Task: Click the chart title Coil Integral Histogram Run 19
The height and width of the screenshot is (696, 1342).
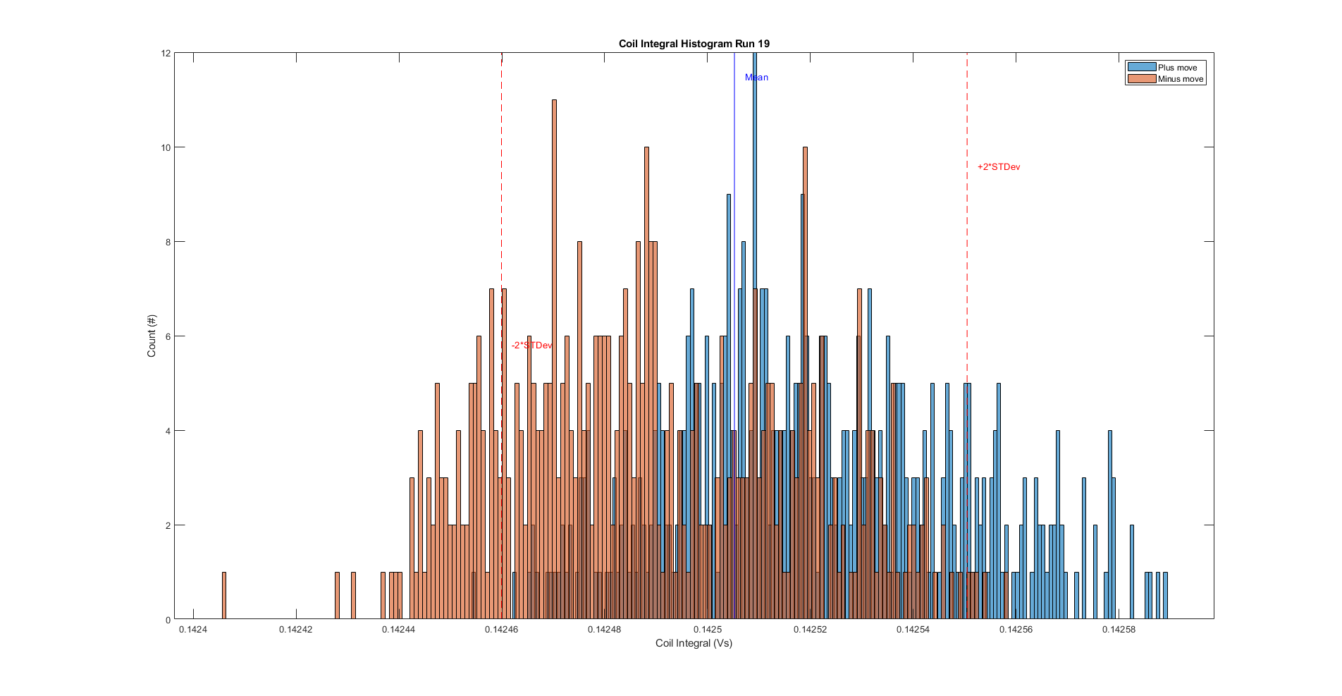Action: click(694, 44)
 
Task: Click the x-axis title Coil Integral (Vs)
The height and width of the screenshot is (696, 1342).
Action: click(694, 643)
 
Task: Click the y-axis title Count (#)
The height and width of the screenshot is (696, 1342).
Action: click(152, 336)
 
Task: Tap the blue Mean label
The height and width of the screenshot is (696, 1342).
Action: click(756, 78)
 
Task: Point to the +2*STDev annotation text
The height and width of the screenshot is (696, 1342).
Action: click(998, 167)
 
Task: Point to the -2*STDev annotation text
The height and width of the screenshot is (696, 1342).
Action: click(531, 346)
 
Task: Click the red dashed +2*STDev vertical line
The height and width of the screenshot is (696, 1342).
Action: click(967, 212)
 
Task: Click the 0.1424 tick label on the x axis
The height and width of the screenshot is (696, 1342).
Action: click(192, 629)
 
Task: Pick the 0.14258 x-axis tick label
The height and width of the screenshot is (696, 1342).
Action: click(1119, 629)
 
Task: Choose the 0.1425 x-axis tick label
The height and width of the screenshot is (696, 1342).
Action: click(707, 629)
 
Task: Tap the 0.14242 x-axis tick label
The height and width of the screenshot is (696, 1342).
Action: click(295, 629)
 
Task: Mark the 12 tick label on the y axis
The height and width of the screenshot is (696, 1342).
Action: click(166, 54)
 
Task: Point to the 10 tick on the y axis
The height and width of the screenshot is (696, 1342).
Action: click(166, 147)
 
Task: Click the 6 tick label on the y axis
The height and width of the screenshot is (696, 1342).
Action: click(168, 336)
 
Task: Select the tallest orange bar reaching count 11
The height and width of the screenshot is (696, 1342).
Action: click(554, 353)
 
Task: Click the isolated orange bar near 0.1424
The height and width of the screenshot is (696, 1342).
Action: click(224, 596)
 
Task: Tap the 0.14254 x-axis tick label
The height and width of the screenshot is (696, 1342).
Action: click(913, 629)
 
